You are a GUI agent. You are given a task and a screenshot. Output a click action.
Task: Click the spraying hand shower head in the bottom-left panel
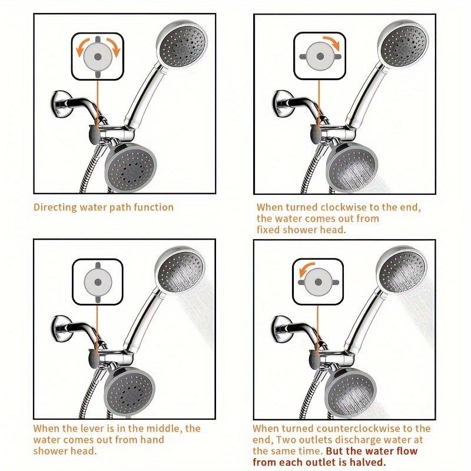pos(180,270)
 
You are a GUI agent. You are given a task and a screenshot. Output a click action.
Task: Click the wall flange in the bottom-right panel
pos(281,329)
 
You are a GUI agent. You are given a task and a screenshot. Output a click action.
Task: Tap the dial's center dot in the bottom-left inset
pos(98,282)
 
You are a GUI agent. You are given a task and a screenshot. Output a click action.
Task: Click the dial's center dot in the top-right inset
pos(320,56)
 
